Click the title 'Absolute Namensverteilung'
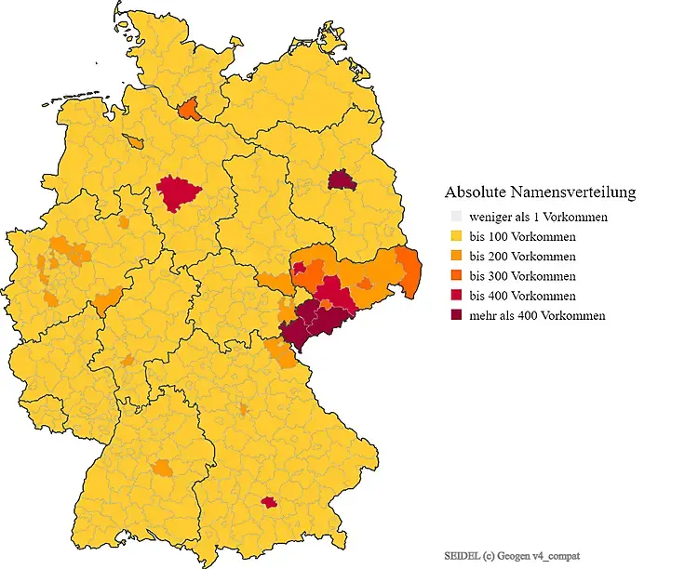540,192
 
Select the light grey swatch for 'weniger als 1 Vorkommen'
455,217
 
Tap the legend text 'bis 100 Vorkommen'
522,236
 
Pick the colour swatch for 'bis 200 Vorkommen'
455,256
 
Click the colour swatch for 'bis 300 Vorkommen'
455,276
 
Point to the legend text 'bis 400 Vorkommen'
522,296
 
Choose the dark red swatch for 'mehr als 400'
455,315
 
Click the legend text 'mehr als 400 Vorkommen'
537,315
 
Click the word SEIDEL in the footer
462,555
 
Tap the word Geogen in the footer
515,555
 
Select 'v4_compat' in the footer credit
557,555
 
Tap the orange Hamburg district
189,110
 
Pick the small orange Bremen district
137,142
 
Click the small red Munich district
269,502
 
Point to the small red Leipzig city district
300,269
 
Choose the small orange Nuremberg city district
244,409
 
